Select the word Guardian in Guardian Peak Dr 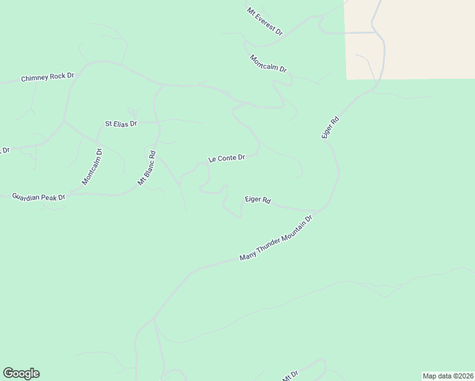27,197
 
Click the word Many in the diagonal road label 246,256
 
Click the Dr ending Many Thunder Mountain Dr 309,220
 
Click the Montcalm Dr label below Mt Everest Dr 268,63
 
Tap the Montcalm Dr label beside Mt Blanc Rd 92,166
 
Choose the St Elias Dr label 121,124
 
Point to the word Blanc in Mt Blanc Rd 149,166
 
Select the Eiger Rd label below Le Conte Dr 258,199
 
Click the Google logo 21,373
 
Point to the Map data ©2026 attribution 448,375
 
